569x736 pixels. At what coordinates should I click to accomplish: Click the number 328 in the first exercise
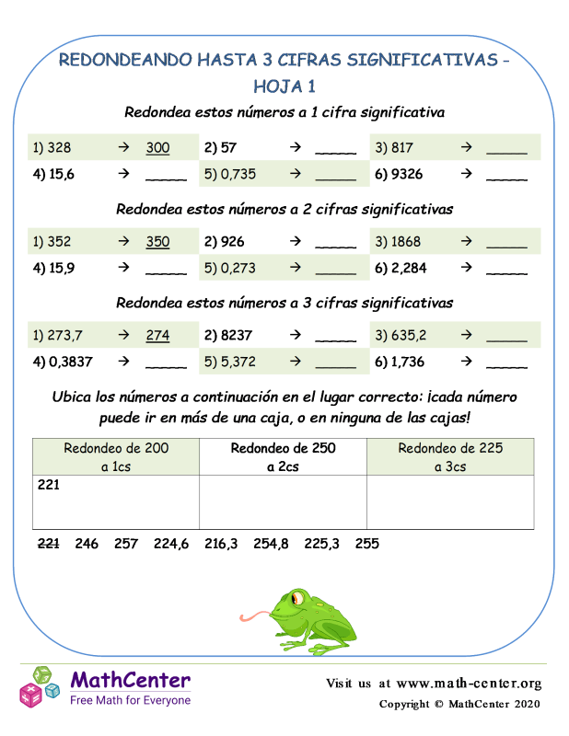[57, 147]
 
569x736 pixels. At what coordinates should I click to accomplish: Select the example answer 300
[157, 147]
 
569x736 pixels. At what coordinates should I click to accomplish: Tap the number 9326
[412, 173]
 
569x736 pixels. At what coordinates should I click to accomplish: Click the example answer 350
[157, 243]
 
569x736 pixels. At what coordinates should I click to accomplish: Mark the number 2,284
[412, 269]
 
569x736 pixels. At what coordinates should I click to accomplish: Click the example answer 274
[157, 336]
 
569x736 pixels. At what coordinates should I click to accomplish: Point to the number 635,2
[415, 336]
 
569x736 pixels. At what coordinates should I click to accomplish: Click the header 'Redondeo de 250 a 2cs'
[283, 456]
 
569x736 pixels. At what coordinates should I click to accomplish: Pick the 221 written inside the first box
[48, 485]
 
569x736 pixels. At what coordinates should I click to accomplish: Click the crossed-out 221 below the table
[48, 544]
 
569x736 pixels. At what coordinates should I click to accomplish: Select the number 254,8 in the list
[271, 544]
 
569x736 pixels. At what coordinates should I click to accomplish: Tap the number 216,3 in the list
[221, 544]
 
